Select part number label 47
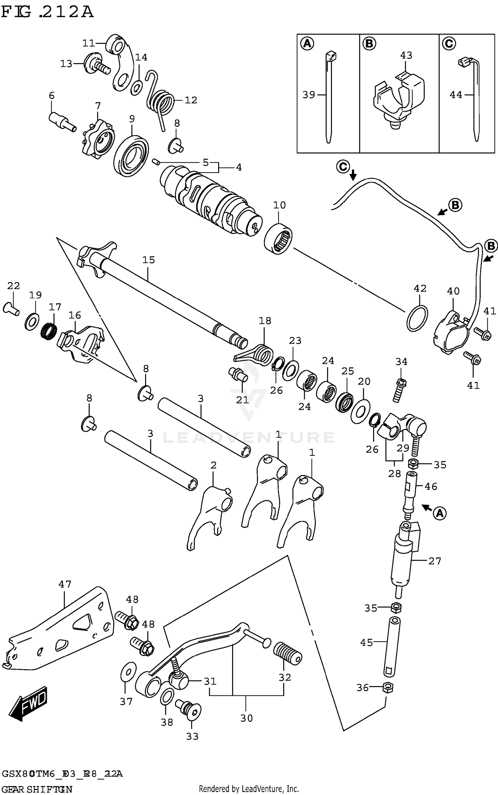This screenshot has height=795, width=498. coord(65,584)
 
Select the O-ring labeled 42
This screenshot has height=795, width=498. coord(417,318)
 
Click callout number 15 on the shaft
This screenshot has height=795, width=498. coord(148,260)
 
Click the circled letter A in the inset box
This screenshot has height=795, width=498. coord(307,43)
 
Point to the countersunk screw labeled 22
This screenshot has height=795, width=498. coord(11,308)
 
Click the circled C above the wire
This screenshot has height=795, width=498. coord(343,166)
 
